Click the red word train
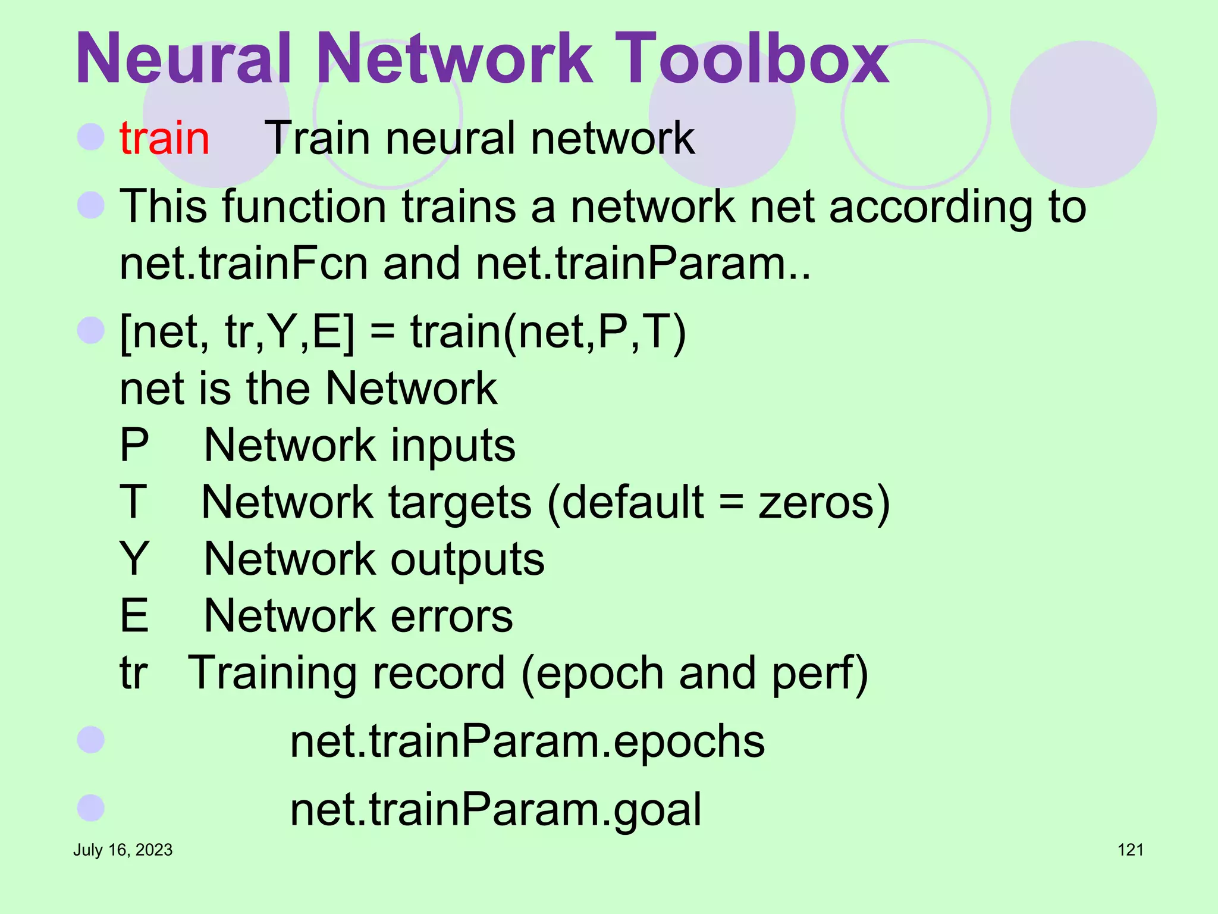coord(165,138)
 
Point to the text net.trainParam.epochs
coord(527,741)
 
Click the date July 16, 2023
coord(123,850)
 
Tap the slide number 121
coord(1130,850)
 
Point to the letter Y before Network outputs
coord(134,559)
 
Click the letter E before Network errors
coord(134,616)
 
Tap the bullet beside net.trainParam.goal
coord(91,807)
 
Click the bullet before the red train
coord(91,136)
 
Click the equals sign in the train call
coord(382,331)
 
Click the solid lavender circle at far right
coord(1083,114)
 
